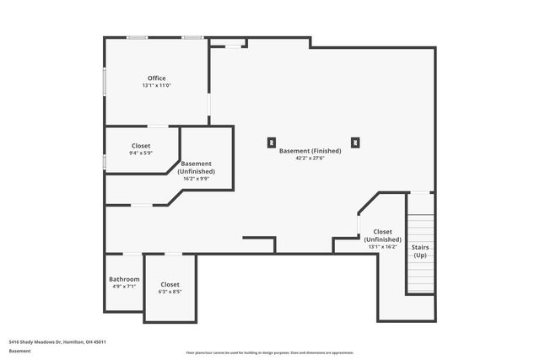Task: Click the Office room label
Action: pos(156,78)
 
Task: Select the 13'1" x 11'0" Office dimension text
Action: pos(156,86)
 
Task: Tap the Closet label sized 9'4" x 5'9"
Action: pos(141,146)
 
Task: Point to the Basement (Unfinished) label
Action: pos(196,167)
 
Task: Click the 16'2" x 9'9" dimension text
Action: pos(196,179)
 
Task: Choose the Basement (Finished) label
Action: pos(310,151)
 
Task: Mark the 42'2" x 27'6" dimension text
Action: pos(310,159)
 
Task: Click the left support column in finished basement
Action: pos(271,142)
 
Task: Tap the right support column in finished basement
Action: pos(355,142)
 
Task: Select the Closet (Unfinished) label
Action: pos(382,235)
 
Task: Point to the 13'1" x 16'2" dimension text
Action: pos(382,247)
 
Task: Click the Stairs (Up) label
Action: pos(419,251)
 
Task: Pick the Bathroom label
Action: pos(124,279)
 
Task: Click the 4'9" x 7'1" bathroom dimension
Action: pos(124,287)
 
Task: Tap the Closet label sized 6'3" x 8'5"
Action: pos(170,285)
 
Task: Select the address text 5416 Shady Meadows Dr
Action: pos(57,341)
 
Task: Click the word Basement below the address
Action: pos(19,350)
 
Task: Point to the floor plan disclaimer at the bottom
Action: pos(270,353)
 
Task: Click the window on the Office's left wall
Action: pos(105,82)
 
